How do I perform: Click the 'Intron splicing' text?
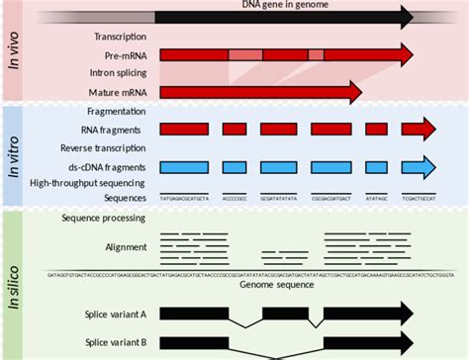click(x=118, y=74)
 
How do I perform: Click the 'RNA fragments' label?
click(x=116, y=130)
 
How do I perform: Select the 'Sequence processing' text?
click(x=104, y=218)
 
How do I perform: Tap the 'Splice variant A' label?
click(x=116, y=314)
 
